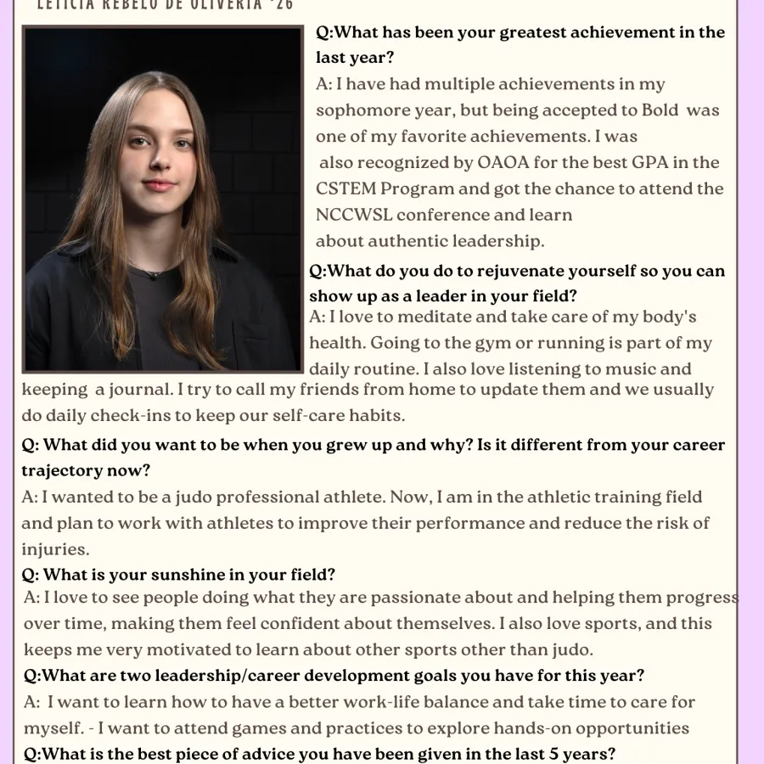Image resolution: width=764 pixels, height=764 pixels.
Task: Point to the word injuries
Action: click(x=55, y=549)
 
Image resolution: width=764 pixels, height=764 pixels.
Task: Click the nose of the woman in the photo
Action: click(x=159, y=165)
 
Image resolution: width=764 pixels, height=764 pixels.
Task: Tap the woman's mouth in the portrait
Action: click(x=160, y=186)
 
